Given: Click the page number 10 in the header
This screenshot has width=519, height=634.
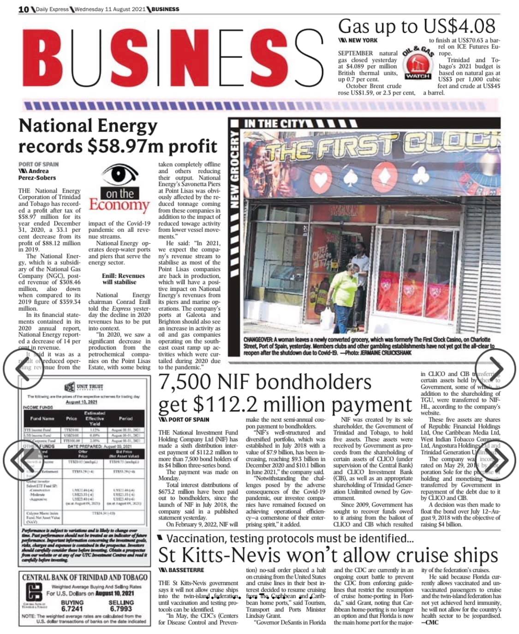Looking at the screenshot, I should pyautogui.click(x=24, y=9).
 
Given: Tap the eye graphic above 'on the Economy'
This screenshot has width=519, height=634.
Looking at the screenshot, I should pyautogui.click(x=119, y=176).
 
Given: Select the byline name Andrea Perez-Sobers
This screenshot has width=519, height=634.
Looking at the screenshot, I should pyautogui.click(x=37, y=174).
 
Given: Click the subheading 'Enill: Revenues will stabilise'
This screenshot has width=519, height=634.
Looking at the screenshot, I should pyautogui.click(x=123, y=279).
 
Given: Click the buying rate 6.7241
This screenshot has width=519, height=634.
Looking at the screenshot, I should pyautogui.click(x=72, y=609).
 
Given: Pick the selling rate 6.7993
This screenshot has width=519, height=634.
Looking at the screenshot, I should pyautogui.click(x=121, y=609).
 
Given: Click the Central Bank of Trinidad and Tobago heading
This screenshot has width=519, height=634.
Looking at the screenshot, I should pyautogui.click(x=84, y=577).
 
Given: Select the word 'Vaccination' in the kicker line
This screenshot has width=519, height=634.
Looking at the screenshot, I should pyautogui.click(x=197, y=538).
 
